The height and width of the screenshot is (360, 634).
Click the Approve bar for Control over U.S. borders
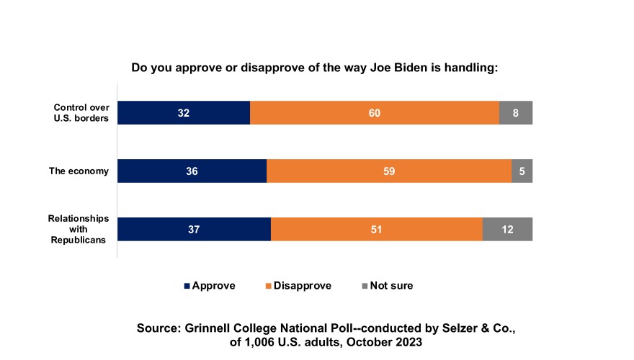(x=184, y=113)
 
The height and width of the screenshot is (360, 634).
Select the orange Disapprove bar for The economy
(x=389, y=171)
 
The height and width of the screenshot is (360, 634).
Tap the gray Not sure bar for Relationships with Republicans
(x=507, y=229)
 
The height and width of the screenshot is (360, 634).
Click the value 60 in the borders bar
(x=374, y=113)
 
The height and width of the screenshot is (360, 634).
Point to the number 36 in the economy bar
(x=192, y=171)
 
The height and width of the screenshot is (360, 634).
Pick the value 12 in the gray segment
(x=507, y=229)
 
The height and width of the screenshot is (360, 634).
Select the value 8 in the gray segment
(x=516, y=113)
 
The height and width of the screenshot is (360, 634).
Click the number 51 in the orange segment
(x=376, y=229)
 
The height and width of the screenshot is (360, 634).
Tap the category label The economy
(x=79, y=171)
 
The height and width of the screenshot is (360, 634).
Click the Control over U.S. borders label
(x=81, y=113)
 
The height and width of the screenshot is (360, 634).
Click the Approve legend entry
(x=213, y=286)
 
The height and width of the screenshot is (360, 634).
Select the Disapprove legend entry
(x=303, y=286)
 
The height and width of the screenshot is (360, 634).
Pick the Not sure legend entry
(x=391, y=286)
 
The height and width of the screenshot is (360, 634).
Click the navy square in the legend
(x=187, y=286)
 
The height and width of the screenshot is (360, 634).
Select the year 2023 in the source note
(x=407, y=343)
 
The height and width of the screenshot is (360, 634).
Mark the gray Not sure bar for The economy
(x=522, y=171)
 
